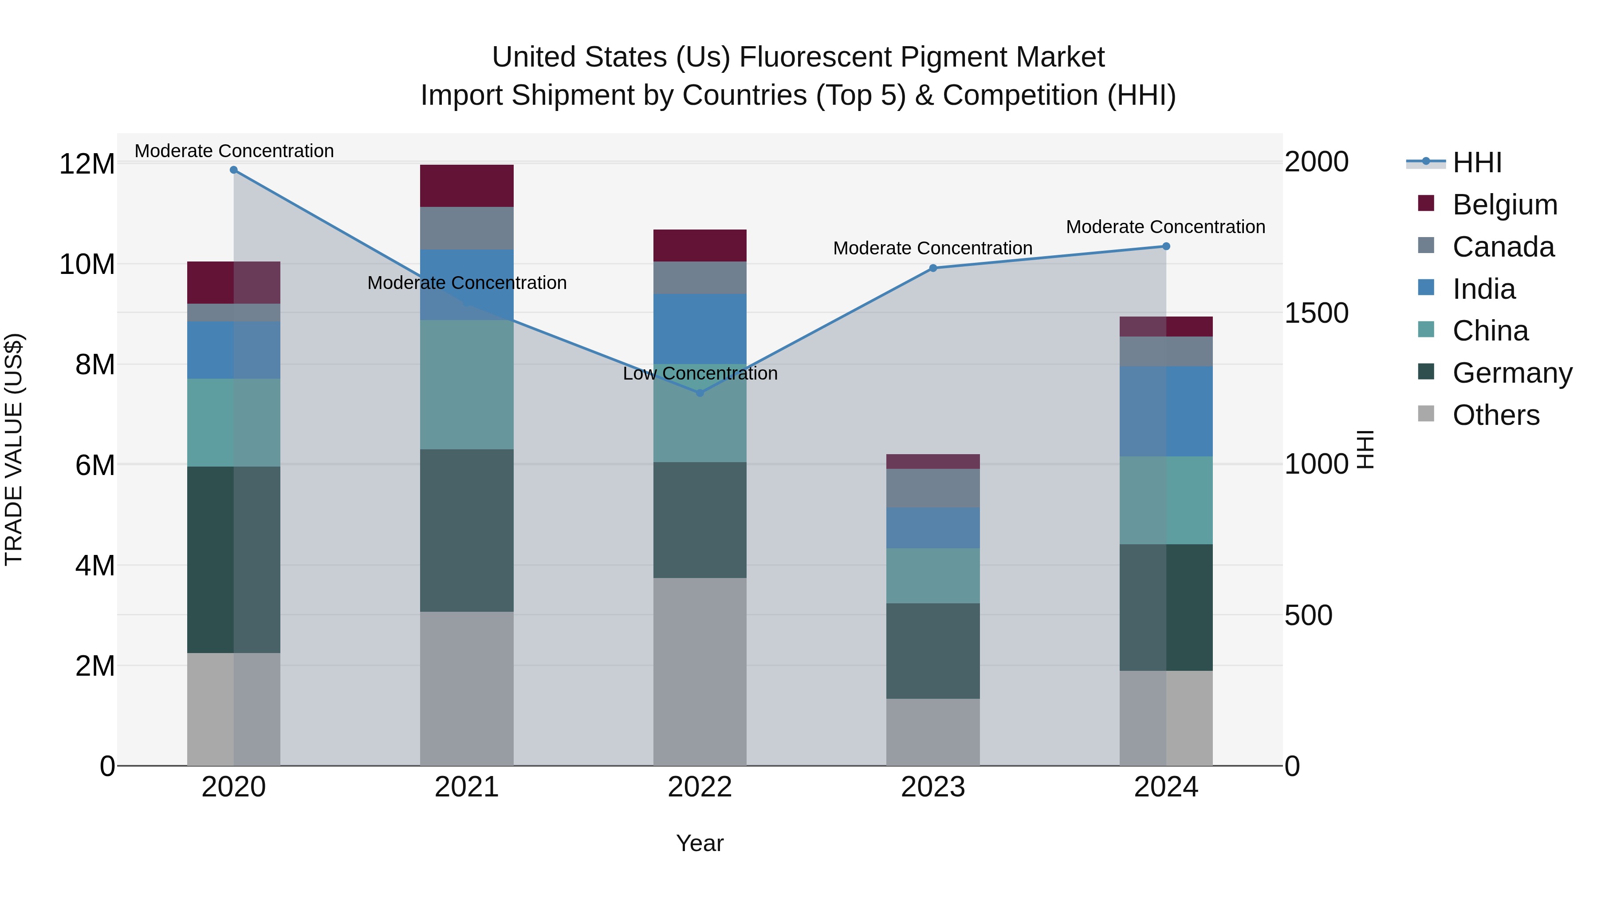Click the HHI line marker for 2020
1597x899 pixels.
(x=234, y=170)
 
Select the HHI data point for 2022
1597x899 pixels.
(x=700, y=393)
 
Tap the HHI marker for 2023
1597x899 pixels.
(x=933, y=268)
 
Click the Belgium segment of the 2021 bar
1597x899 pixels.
(x=467, y=186)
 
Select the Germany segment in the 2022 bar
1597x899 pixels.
(x=700, y=520)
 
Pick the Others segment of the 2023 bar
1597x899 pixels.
(x=933, y=732)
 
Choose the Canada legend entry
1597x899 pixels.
(x=1503, y=247)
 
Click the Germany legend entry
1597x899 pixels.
(x=1511, y=373)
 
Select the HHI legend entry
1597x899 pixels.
(x=1477, y=162)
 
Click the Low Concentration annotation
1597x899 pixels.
(x=700, y=373)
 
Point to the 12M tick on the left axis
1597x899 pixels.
(x=87, y=164)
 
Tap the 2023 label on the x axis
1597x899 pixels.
(x=933, y=787)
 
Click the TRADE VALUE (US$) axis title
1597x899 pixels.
(x=14, y=449)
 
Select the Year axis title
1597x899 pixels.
(x=700, y=843)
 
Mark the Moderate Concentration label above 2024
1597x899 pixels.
(x=1165, y=227)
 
